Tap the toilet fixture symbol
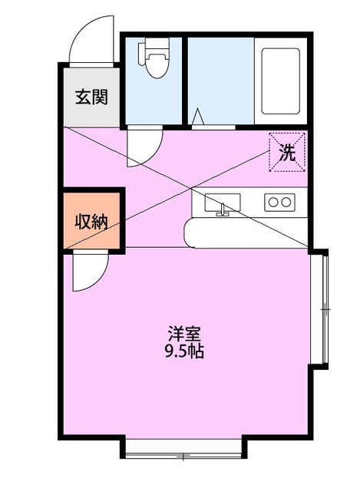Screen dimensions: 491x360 tap(154, 61)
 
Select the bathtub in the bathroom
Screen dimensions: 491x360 tap(281, 81)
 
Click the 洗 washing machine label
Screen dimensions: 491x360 tap(286, 152)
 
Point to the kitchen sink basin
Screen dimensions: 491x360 tap(223, 203)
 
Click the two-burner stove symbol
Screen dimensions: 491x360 tap(279, 203)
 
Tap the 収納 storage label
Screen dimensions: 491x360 tap(91, 222)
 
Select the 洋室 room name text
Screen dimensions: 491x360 tap(185, 335)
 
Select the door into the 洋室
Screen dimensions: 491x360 tap(89, 273)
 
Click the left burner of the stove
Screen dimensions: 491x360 tap(272, 203)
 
